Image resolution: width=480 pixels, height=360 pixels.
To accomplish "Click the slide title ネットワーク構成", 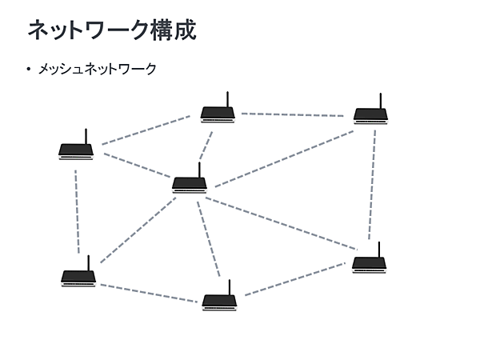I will pyautogui.click(x=112, y=30).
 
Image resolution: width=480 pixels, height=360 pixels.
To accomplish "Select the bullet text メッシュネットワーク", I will pyautogui.click(x=97, y=70).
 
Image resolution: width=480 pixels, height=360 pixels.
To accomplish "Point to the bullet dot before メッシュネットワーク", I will pyautogui.click(x=29, y=70).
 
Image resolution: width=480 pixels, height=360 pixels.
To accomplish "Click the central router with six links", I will pyautogui.click(x=190, y=183).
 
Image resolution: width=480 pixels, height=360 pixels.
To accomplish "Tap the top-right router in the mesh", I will pyautogui.click(x=370, y=114).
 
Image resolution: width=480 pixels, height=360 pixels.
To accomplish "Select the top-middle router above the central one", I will pyautogui.click(x=218, y=113).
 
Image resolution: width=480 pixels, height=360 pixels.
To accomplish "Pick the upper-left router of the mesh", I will pyautogui.click(x=76, y=149).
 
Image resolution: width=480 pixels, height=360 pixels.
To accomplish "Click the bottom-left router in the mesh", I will pyautogui.click(x=78, y=277).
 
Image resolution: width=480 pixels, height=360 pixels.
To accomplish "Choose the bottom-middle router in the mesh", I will pyautogui.click(x=219, y=301).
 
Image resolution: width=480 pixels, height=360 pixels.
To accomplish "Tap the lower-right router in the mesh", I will pyautogui.click(x=369, y=262).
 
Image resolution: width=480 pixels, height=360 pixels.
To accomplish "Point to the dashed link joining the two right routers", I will pyautogui.click(x=372, y=184).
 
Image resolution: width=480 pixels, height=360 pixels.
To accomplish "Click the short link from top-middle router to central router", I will pyautogui.click(x=206, y=146).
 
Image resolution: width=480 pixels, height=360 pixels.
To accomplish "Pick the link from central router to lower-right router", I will pyautogui.click(x=280, y=223).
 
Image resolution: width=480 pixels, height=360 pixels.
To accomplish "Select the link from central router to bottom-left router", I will pyautogui.click(x=138, y=230).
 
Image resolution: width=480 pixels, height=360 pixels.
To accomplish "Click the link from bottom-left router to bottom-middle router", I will pyautogui.click(x=148, y=293).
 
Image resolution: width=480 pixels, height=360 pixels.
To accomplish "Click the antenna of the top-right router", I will pyautogui.click(x=381, y=101).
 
